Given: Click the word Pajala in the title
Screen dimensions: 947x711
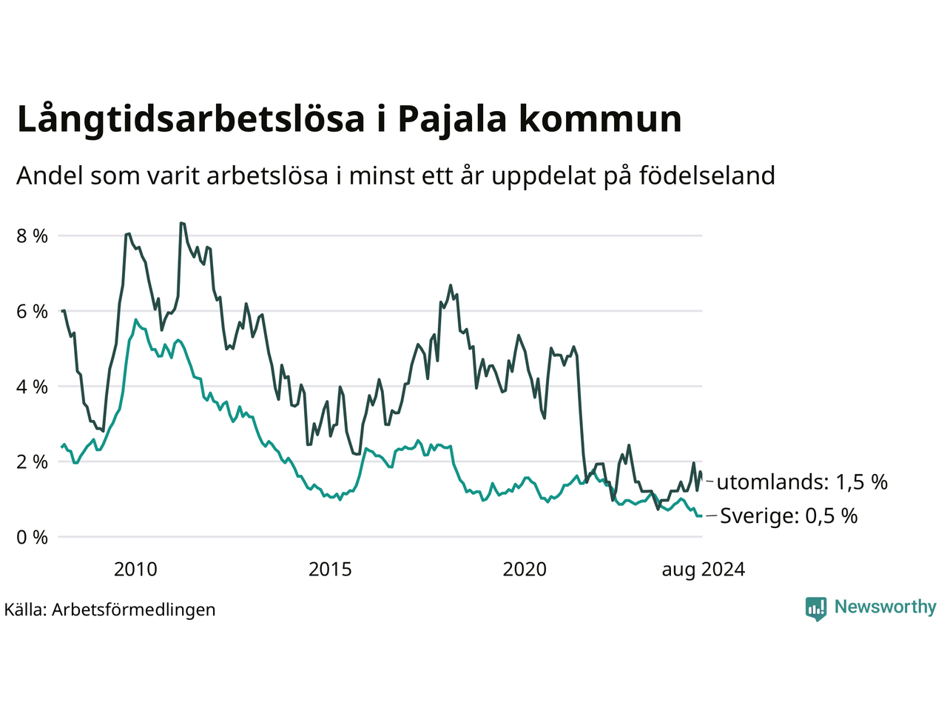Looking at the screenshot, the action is tap(452, 120).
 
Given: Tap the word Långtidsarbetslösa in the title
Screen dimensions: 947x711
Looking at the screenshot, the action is tap(191, 119).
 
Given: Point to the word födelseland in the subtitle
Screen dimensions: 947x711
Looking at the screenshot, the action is tap(707, 176).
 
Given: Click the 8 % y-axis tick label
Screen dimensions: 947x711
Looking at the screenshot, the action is tap(33, 236).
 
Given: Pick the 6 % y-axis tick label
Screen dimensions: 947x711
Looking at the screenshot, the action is tap(33, 311).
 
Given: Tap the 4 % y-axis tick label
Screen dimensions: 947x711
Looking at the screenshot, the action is tap(33, 387).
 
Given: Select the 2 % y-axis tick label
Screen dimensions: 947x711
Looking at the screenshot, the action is tap(33, 462).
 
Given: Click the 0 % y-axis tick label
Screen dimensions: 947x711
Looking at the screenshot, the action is tap(33, 538).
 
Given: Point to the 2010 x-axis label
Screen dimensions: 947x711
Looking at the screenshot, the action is tap(135, 570).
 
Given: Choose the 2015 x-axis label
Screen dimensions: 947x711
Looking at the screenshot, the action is tap(330, 570).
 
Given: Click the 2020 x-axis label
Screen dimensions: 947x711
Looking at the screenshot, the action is tap(525, 570).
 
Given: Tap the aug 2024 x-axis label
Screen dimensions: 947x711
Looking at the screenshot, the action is tap(704, 570).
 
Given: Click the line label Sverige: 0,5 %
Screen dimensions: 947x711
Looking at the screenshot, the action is tap(789, 516).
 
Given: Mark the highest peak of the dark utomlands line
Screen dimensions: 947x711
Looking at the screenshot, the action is tap(181, 223).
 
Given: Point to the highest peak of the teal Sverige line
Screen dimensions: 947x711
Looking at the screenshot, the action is tap(135, 320).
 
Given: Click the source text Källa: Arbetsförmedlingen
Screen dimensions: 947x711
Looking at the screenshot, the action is tap(110, 610).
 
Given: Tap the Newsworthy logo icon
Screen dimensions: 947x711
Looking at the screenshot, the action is tap(816, 609).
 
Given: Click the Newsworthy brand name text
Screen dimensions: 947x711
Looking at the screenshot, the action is tap(886, 607).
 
